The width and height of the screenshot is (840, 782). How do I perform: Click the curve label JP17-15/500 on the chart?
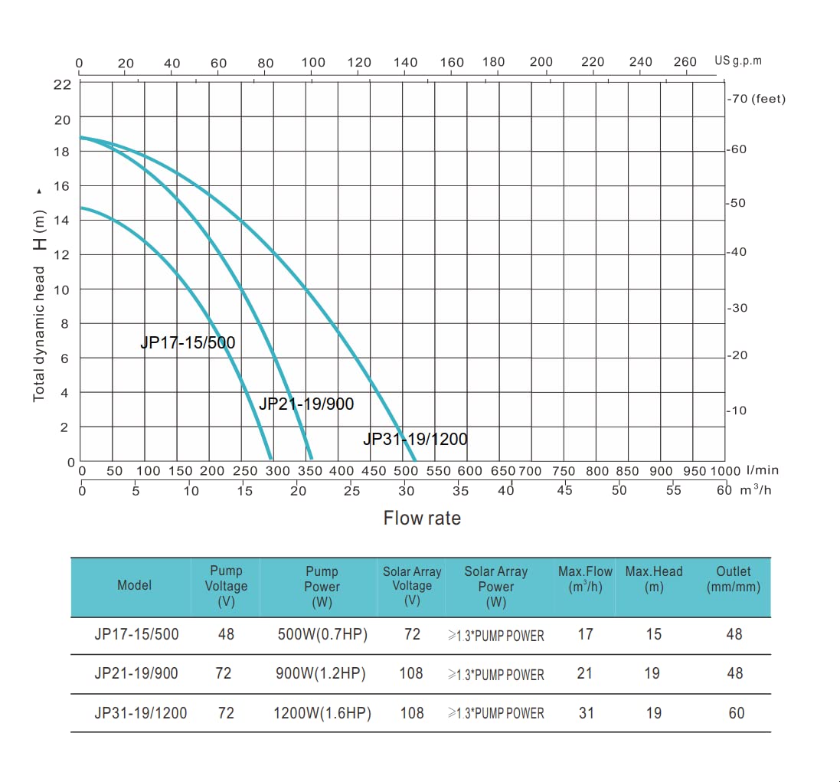click(188, 342)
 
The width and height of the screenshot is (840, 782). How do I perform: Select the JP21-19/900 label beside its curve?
click(306, 404)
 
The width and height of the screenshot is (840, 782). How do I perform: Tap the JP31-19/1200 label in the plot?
click(415, 439)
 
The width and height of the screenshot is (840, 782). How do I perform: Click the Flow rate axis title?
click(422, 519)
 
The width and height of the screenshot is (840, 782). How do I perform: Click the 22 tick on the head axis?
click(61, 84)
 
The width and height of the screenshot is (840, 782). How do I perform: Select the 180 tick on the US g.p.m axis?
click(494, 62)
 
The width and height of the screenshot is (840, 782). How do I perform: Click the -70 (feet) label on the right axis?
click(757, 99)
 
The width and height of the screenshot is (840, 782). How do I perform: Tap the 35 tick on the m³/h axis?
click(460, 491)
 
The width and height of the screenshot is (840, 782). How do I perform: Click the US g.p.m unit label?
click(738, 61)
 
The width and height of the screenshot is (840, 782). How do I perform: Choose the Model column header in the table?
click(134, 585)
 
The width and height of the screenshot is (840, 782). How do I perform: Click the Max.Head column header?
click(653, 579)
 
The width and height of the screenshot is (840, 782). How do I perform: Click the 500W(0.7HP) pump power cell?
click(322, 634)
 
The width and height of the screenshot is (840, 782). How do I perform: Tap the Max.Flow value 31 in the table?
click(586, 713)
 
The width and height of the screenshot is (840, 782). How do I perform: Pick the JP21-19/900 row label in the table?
click(136, 673)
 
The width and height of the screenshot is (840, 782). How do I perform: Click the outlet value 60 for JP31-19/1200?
click(736, 713)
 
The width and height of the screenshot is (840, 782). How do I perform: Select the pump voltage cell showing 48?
click(225, 634)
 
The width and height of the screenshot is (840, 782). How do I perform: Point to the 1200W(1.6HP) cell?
click(322, 713)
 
